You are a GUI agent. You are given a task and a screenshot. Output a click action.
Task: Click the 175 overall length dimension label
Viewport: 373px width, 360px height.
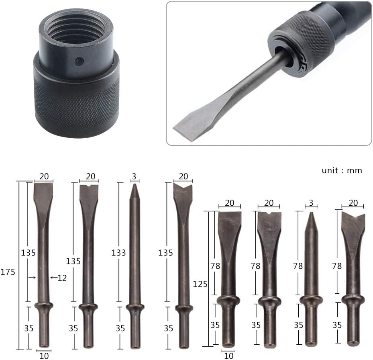pyautogui.click(x=8, y=272)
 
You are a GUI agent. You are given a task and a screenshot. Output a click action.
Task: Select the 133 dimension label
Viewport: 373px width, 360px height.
pyautogui.click(x=119, y=253)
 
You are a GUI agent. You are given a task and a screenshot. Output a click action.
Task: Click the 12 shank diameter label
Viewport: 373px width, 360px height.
pyautogui.click(x=61, y=277)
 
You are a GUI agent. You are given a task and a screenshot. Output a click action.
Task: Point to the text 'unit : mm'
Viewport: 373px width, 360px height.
pyautogui.click(x=342, y=170)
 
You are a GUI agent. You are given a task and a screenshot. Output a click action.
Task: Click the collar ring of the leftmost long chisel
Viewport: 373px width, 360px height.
pyautogui.click(x=43, y=306)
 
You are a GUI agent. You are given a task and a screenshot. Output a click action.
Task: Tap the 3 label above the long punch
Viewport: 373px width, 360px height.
pyautogui.click(x=135, y=176)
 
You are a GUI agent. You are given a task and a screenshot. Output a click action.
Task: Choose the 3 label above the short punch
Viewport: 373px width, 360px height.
pyautogui.click(x=311, y=203)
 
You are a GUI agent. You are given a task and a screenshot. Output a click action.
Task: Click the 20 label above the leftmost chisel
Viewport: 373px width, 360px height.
pyautogui.click(x=44, y=176)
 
